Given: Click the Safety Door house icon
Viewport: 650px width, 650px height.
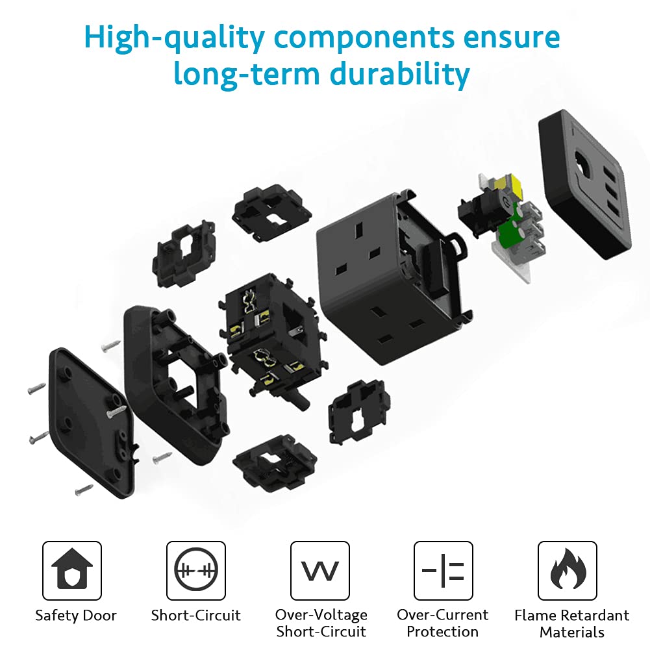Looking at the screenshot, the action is tap(71, 569).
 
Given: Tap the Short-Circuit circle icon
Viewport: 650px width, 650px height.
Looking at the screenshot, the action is tap(196, 570).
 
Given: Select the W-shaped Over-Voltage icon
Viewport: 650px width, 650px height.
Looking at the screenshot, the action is tap(320, 570).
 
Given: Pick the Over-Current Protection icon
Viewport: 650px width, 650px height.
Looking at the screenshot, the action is tap(443, 570).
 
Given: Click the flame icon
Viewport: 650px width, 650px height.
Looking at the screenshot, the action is tap(568, 569).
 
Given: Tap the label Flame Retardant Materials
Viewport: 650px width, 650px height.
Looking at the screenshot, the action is tap(571, 623).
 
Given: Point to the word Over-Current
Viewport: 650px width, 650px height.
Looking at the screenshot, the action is tap(443, 615).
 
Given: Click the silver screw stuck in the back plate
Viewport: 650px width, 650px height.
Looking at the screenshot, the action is tap(116, 411).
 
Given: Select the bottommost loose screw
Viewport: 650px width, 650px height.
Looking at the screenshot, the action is tap(84, 490).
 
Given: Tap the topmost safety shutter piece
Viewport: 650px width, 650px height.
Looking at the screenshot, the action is tap(271, 212).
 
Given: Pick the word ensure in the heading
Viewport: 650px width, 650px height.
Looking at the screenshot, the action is tap(512, 38).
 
